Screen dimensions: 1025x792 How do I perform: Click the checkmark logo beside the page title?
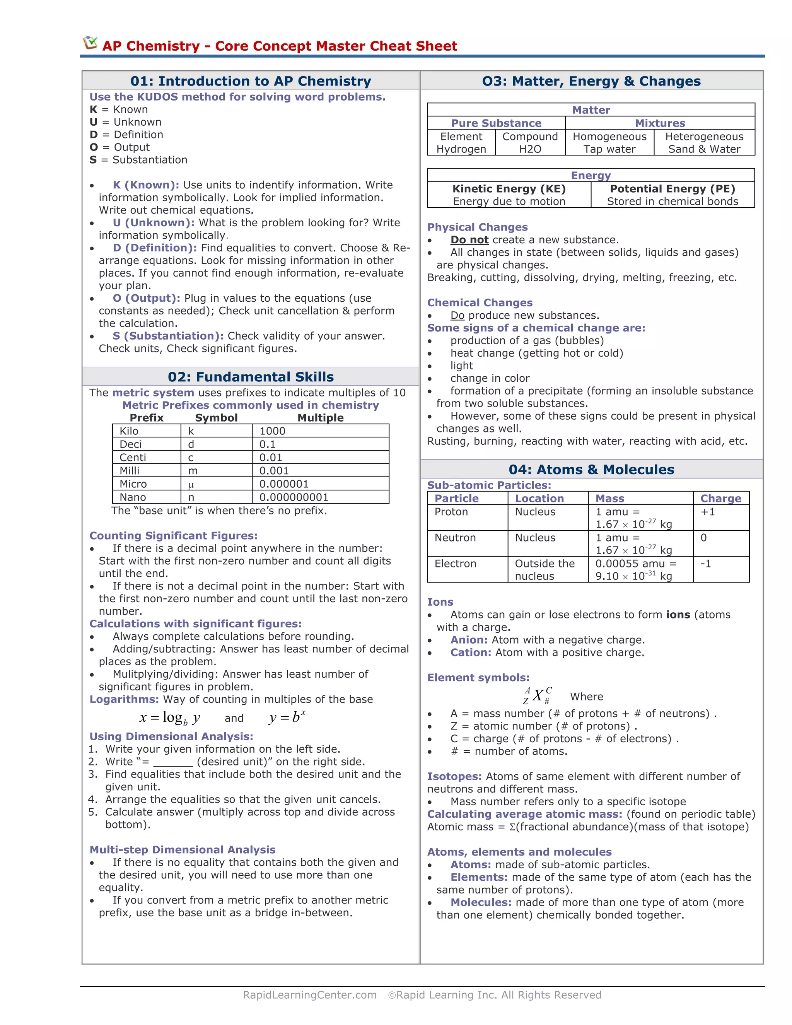point(90,43)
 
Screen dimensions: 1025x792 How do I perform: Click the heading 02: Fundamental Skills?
point(251,377)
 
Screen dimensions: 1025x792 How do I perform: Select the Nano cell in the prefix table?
point(133,497)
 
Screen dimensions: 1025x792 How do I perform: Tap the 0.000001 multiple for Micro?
point(284,484)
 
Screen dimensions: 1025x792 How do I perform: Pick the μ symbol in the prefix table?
point(191,484)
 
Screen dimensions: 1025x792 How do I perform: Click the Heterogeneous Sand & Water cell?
point(704,143)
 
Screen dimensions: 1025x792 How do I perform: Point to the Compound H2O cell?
point(530,143)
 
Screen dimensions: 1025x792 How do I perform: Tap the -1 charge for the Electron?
point(706,564)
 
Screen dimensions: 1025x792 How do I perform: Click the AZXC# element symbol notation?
point(537,695)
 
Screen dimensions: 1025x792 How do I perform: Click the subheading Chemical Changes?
point(480,303)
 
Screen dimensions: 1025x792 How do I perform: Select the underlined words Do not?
point(469,240)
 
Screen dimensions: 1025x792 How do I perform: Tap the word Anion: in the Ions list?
point(469,640)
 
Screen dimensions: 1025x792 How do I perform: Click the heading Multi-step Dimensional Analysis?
point(183,849)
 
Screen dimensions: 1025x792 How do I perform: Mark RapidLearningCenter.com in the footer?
point(310,994)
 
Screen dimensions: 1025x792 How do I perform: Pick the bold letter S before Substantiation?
point(93,160)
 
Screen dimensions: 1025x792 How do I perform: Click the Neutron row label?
point(455,538)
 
